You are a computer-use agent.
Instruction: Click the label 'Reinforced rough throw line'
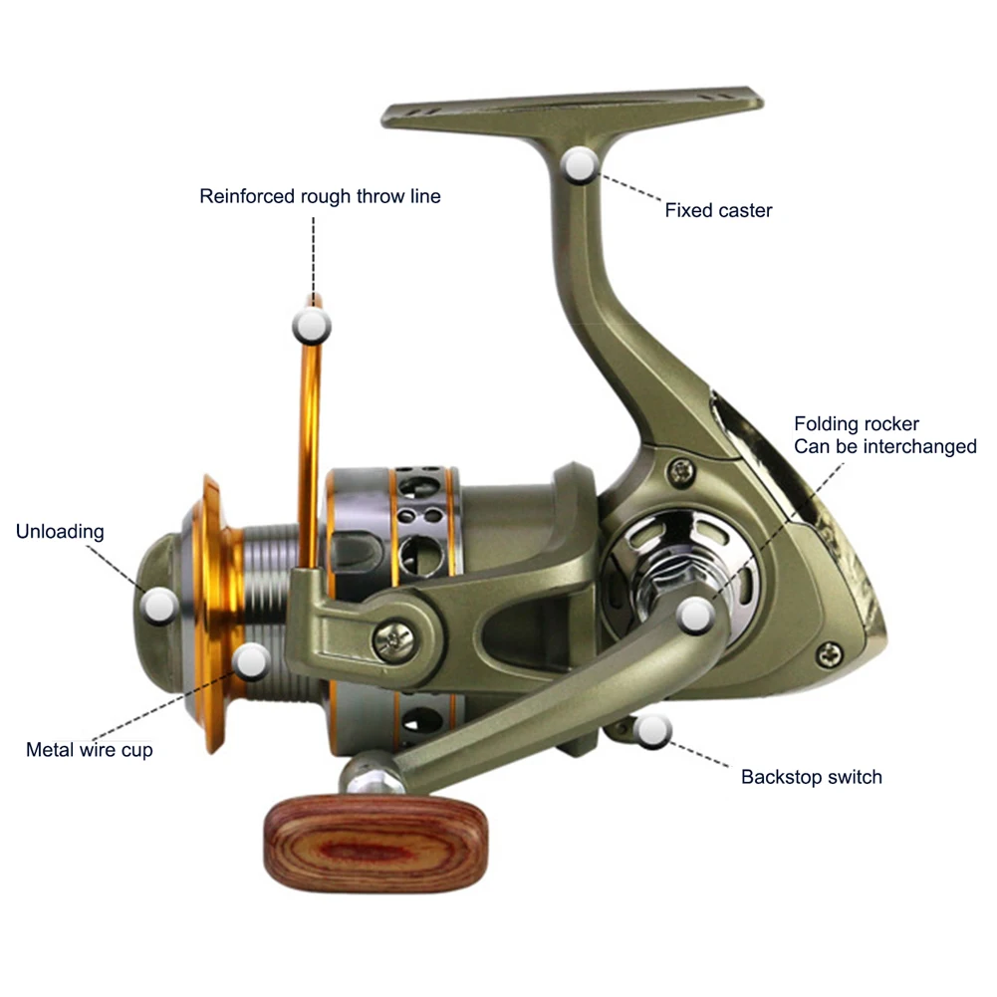[320, 196]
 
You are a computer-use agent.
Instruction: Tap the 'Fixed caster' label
[718, 210]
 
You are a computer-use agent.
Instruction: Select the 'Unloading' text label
[60, 531]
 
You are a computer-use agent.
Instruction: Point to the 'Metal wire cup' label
[90, 750]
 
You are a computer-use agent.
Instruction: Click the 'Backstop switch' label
[811, 777]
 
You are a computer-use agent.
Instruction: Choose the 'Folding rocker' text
[856, 424]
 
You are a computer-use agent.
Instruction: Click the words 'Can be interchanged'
[884, 446]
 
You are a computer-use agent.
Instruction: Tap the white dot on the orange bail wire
[312, 324]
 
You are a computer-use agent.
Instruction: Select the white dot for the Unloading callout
[159, 604]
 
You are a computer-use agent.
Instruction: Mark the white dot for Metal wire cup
[251, 658]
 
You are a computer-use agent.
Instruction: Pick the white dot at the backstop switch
[652, 732]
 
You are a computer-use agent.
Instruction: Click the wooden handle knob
[375, 842]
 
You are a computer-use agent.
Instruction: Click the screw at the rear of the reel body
[830, 654]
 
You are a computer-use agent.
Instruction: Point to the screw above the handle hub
[682, 467]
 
